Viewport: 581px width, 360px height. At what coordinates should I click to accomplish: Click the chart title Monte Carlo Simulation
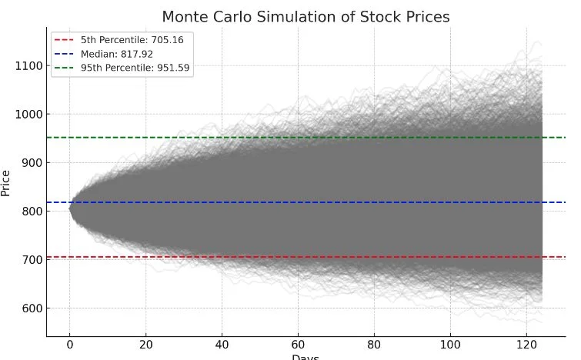[x=306, y=17]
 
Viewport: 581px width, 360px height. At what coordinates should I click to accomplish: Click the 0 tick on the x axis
[x=70, y=345]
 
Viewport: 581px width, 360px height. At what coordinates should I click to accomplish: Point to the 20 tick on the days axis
[x=146, y=345]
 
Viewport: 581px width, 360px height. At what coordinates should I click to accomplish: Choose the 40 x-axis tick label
[x=222, y=345]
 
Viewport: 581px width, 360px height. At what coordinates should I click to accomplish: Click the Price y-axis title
[x=7, y=183]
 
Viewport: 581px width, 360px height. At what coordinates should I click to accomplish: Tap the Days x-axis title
[x=306, y=357]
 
